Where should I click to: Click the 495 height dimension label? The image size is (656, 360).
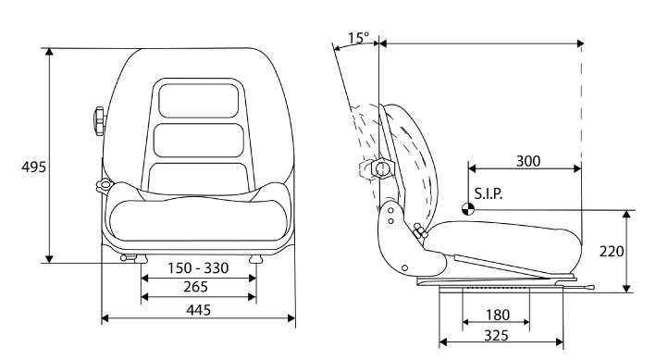[x=33, y=167]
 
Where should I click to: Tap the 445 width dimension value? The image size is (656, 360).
[x=198, y=310]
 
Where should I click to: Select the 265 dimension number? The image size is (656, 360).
[x=195, y=287]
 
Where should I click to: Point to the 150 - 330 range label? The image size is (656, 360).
[x=198, y=267]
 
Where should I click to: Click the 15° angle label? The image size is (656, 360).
[x=359, y=38]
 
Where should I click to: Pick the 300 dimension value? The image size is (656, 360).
[x=528, y=161]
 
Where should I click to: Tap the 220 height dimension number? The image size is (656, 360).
[x=612, y=251]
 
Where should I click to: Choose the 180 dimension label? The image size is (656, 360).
[x=498, y=315]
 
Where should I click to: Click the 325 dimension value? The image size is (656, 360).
[x=496, y=335]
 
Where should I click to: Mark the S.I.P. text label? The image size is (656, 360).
[x=489, y=193]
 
